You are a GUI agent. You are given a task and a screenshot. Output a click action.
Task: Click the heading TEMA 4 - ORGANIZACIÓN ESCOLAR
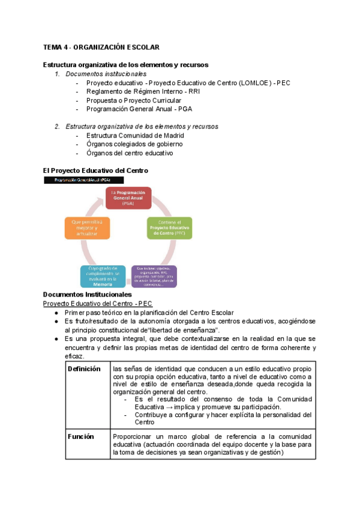pyautogui.click(x=101, y=47)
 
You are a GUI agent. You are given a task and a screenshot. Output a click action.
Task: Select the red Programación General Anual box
pyautogui.click(x=128, y=198)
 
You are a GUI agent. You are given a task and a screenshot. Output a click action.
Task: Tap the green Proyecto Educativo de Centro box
pyautogui.click(x=170, y=228)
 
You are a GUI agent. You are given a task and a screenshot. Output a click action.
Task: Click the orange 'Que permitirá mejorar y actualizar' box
pyautogui.click(x=87, y=228)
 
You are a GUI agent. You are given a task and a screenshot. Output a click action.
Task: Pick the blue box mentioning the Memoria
pyautogui.click(x=103, y=276)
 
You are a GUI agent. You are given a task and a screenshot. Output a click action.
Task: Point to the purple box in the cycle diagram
pyautogui.click(x=154, y=276)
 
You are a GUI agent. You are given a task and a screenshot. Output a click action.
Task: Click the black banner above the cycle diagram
pyautogui.click(x=83, y=180)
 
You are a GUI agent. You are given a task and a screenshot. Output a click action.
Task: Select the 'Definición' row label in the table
pyautogui.click(x=84, y=369)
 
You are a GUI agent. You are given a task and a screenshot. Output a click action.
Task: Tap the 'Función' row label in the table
pyautogui.click(x=81, y=436)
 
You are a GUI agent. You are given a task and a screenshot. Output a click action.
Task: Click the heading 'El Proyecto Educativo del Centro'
pyautogui.click(x=95, y=170)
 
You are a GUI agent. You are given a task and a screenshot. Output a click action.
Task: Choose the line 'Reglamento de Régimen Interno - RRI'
pyautogui.click(x=143, y=91)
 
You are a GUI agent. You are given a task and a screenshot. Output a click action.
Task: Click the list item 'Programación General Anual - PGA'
pyautogui.click(x=139, y=109)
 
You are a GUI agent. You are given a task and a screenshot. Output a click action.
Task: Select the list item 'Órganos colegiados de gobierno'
pyautogui.click(x=134, y=144)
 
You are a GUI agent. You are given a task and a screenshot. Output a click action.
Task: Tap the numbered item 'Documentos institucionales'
pyautogui.click(x=106, y=74)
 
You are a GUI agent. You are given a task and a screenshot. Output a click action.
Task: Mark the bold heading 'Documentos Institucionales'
pyautogui.click(x=88, y=295)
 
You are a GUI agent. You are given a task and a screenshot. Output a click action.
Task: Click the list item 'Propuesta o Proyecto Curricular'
pyautogui.click(x=133, y=100)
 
